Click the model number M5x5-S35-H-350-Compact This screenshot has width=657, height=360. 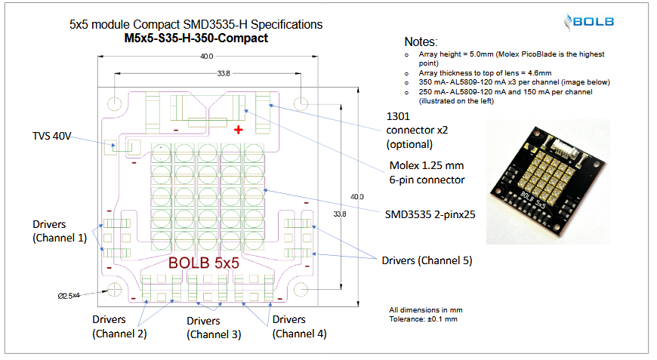[196, 38]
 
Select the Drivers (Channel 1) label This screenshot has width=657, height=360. [60, 231]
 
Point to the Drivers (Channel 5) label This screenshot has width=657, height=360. [427, 260]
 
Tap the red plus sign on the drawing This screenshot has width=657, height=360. [239, 129]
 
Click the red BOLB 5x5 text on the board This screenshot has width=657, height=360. [204, 264]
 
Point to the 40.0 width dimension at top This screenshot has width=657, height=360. [206, 57]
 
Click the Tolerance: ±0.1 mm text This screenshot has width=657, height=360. [424, 319]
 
